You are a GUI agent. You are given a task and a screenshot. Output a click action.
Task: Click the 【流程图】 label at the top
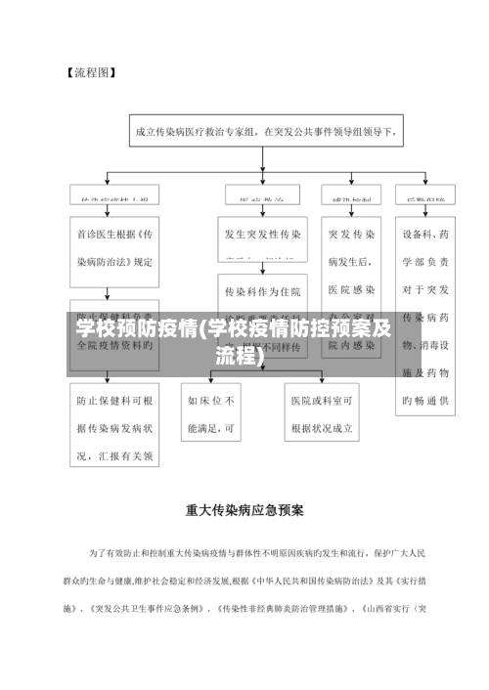(x=92, y=72)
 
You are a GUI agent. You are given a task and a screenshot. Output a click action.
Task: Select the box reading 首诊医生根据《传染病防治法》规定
(x=114, y=248)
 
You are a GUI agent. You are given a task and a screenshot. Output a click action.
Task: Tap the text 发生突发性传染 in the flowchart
(x=263, y=235)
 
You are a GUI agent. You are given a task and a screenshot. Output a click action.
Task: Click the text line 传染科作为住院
(x=263, y=291)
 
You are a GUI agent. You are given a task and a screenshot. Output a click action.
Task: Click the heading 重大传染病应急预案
(x=244, y=509)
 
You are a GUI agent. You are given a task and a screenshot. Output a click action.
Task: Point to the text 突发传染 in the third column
(x=351, y=235)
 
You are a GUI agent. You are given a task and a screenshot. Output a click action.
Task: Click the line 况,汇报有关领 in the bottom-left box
(x=114, y=455)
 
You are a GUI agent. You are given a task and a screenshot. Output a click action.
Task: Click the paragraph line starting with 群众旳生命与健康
(x=244, y=581)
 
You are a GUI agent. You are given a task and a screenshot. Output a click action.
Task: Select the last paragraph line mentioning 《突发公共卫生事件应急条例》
(x=244, y=609)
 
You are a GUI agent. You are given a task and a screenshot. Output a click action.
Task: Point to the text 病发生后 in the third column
(x=351, y=262)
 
